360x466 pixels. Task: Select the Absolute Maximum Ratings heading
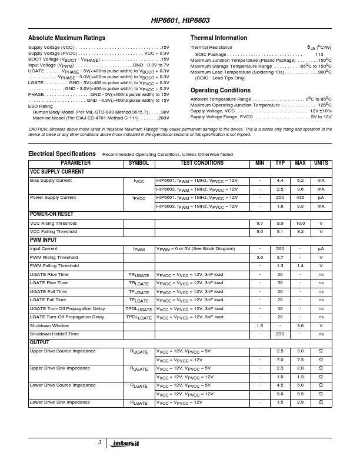pos(67,38)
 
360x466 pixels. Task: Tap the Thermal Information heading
pos(219,38)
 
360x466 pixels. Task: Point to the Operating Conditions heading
pos(221,90)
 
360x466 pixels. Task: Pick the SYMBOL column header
pos(139,163)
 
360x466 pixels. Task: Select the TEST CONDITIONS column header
pos(202,163)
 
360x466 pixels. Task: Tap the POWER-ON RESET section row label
pos(51,215)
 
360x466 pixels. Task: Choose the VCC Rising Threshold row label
pos(53,224)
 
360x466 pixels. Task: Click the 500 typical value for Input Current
pos(280,249)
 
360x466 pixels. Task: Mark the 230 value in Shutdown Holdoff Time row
pos(280,334)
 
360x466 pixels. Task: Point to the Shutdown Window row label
pos(49,325)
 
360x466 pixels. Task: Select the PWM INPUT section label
pos(44,241)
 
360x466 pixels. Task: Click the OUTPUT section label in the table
pos(40,342)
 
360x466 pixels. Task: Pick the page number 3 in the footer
pos(100,442)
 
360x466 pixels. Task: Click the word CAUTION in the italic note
pos(39,129)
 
